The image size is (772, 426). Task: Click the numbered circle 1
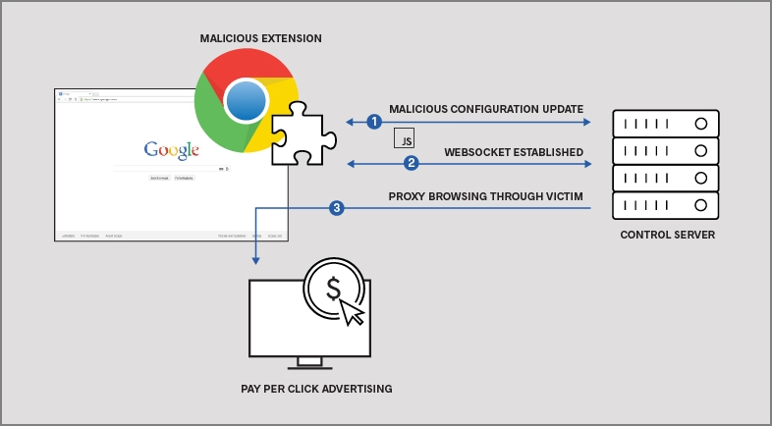click(x=373, y=123)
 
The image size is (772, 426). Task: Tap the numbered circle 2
click(x=412, y=163)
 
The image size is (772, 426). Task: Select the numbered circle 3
click(x=337, y=208)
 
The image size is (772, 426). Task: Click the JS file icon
click(x=404, y=138)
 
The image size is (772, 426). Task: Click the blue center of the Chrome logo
click(x=245, y=101)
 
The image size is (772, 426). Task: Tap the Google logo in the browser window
click(x=172, y=150)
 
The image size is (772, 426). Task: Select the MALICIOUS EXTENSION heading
click(x=260, y=38)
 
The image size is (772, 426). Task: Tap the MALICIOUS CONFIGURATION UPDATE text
click(x=486, y=108)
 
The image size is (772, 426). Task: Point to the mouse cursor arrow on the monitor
click(x=352, y=312)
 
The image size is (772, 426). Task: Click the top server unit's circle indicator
click(x=700, y=125)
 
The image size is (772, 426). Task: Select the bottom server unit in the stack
click(x=665, y=206)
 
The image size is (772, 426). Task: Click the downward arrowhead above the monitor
click(x=255, y=259)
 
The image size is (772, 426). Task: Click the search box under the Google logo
click(x=168, y=169)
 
